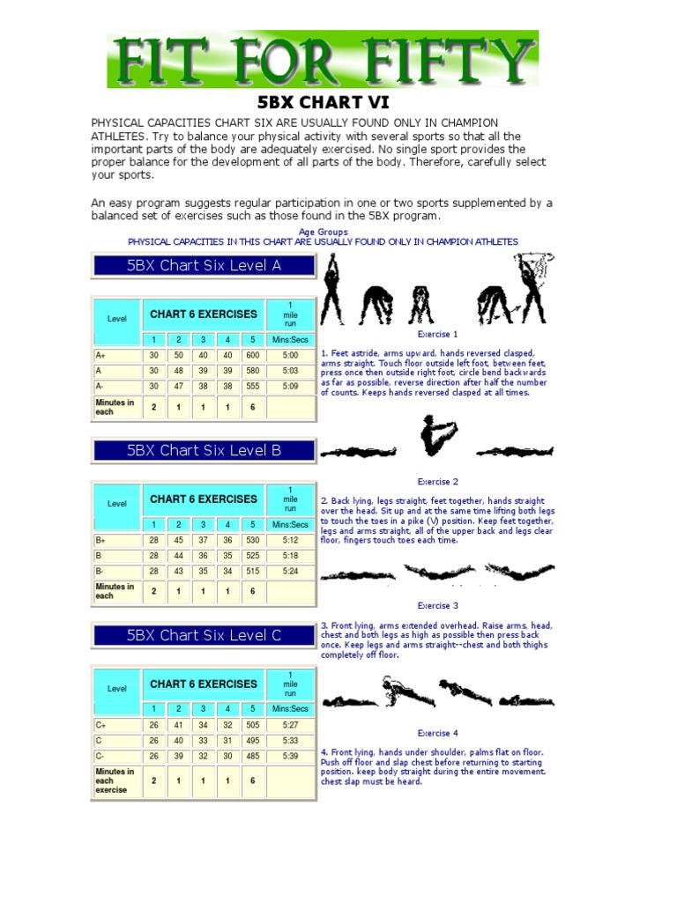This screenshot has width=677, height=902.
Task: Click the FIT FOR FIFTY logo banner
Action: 323,59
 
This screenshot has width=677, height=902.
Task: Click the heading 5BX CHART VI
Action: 322,103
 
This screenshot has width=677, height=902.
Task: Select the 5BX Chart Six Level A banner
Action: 204,266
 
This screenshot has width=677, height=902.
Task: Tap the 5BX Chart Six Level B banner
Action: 204,450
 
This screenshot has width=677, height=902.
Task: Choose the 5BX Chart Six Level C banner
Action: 204,635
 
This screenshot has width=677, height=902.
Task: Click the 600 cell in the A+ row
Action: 252,355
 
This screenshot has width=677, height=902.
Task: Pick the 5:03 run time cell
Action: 290,371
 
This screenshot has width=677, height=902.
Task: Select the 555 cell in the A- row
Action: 252,386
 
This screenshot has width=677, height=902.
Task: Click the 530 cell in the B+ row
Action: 252,540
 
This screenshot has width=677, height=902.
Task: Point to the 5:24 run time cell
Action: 290,571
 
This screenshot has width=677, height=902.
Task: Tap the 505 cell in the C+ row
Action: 252,725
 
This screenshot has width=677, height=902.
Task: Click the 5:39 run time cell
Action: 290,756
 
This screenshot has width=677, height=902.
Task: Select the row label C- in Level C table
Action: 101,756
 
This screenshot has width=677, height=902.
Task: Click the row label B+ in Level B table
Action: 101,540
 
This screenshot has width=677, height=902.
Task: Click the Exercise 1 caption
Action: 437,335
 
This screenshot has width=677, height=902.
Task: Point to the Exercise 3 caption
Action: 437,606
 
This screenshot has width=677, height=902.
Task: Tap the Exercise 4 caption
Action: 437,733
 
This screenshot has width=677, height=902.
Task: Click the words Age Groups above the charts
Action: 323,232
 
